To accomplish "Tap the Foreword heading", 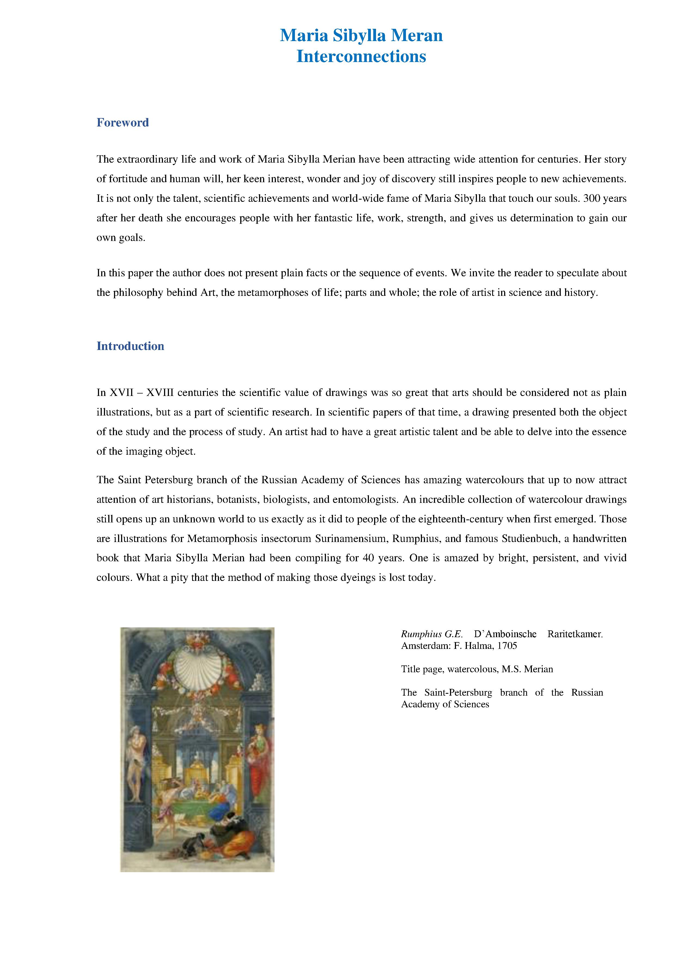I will click(x=123, y=123).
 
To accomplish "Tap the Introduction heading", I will click(x=130, y=346).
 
